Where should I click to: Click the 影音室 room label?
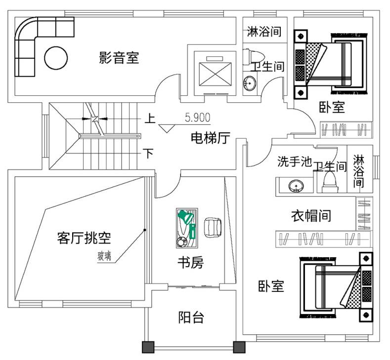coord(119,58)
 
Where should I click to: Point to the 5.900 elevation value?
coord(198,118)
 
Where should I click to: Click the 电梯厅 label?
coord(210,139)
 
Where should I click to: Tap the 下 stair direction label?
coord(148,153)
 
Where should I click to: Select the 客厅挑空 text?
coord(84,239)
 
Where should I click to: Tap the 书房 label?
coord(190,263)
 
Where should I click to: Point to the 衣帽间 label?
coord(310,215)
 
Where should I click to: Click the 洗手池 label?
coord(294,161)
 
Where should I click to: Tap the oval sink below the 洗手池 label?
coord(296,186)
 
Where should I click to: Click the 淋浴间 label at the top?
coord(264,32)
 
